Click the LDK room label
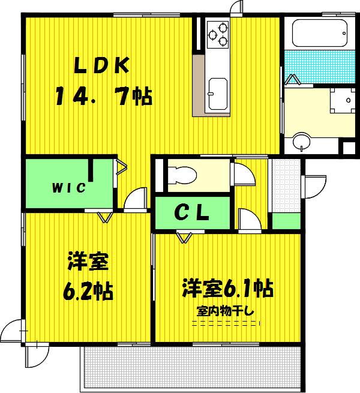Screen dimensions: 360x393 102,65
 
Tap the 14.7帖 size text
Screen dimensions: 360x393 104,96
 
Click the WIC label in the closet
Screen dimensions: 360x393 69,188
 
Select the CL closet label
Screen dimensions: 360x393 192,213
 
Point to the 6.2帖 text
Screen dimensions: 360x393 88,291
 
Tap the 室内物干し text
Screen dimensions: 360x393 225,311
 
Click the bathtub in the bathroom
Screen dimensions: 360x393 320,33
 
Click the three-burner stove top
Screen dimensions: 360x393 218,35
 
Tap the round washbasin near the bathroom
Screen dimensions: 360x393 301,142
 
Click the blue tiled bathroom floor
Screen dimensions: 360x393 320,67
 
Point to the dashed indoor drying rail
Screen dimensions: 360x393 226,323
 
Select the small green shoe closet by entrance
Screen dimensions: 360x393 286,221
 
